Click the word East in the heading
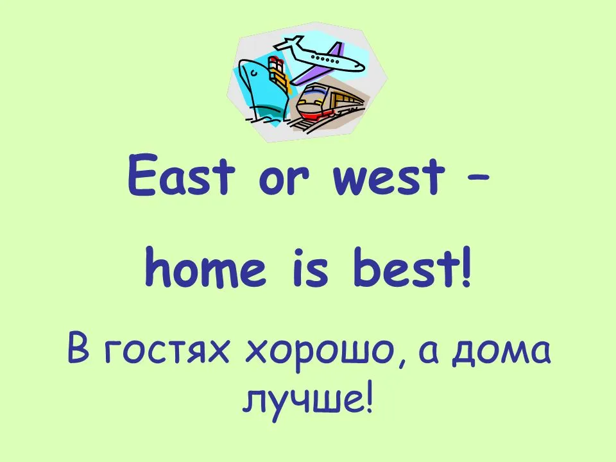point(182,175)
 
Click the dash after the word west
point(478,178)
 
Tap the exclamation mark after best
point(466,267)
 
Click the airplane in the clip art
point(320,59)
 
